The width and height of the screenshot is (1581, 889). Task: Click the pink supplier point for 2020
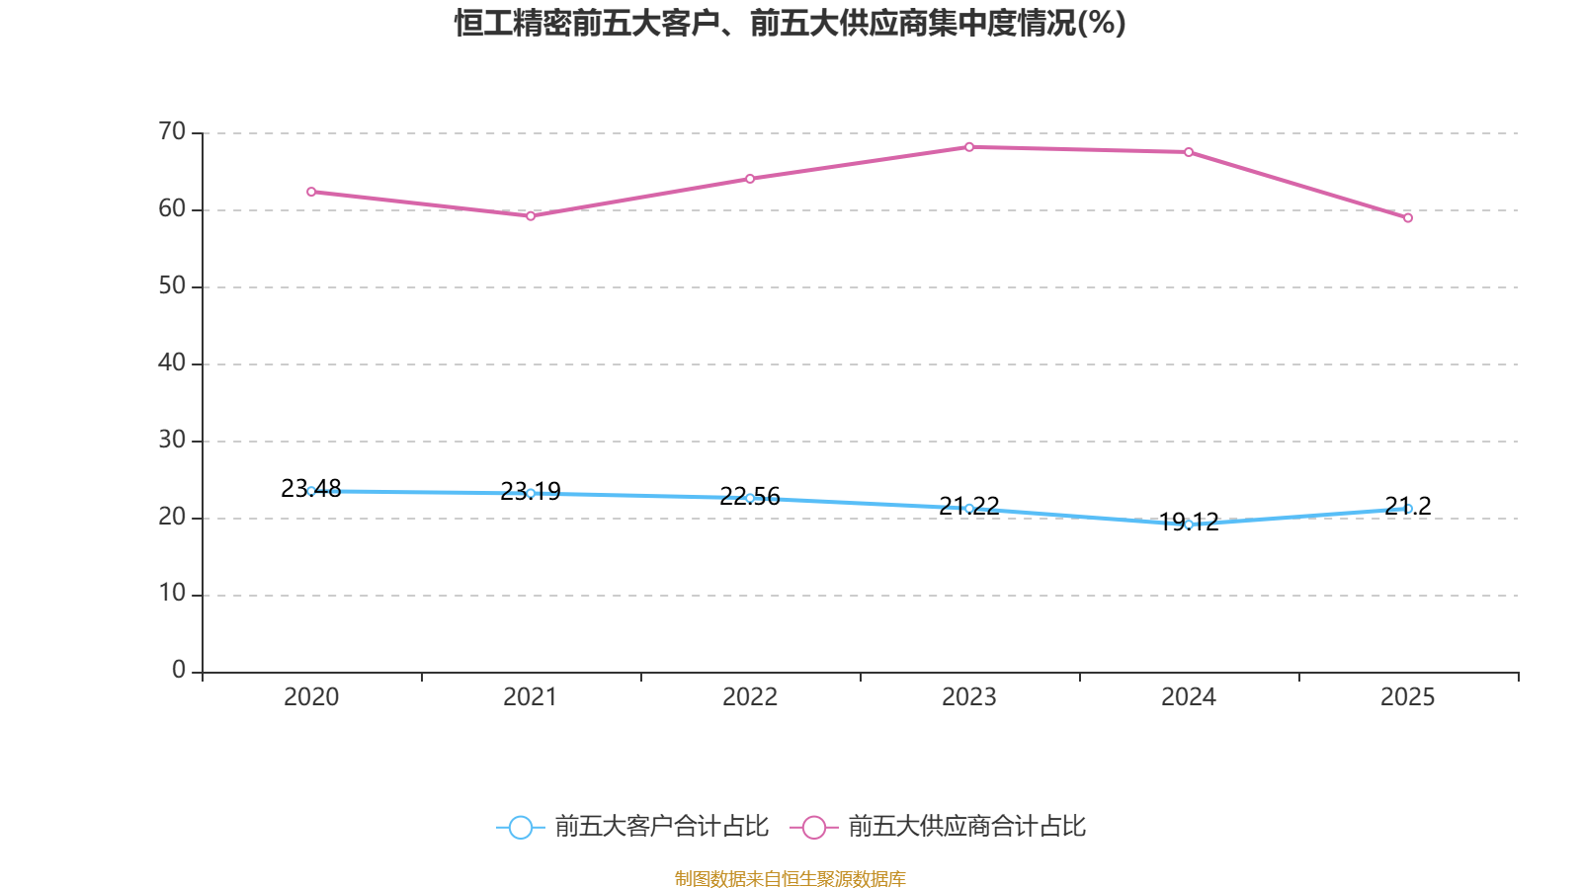click(311, 192)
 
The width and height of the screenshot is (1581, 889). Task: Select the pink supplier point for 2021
click(531, 215)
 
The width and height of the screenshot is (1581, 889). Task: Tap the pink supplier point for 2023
click(969, 147)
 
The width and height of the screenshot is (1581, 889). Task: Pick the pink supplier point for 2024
click(1189, 152)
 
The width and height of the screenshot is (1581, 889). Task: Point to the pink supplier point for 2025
click(1408, 217)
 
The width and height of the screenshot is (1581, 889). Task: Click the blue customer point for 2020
click(311, 491)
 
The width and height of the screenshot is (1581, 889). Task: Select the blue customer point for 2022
click(750, 498)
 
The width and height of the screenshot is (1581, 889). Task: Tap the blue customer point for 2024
click(1189, 525)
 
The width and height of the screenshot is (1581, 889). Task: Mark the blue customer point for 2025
click(1408, 509)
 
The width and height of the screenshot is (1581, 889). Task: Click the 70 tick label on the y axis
click(172, 131)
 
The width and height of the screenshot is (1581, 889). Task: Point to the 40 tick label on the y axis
click(172, 363)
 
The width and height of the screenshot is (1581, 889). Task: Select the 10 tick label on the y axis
click(172, 594)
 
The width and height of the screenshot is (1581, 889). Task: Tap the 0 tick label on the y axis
click(179, 671)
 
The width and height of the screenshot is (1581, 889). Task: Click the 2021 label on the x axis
click(531, 697)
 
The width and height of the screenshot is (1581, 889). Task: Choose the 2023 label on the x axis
click(969, 697)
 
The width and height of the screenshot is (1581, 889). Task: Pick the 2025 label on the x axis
click(1407, 697)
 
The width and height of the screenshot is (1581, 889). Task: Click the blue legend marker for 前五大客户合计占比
click(521, 827)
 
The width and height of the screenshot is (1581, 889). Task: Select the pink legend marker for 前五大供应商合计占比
click(814, 827)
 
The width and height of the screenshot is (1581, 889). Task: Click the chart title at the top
click(790, 23)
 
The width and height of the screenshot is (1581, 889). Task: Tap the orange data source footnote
click(790, 878)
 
